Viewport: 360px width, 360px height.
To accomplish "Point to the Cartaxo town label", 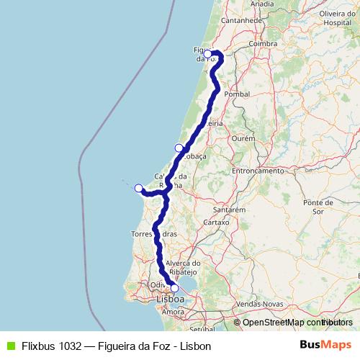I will (x=216, y=222).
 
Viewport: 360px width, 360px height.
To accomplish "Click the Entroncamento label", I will (x=258, y=171).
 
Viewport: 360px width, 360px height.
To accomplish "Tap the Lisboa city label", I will (x=170, y=298).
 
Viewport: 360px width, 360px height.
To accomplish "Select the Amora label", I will (x=173, y=312).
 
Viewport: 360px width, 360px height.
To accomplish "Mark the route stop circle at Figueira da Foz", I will (x=207, y=53).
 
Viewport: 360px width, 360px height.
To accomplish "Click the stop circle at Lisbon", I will (x=174, y=287).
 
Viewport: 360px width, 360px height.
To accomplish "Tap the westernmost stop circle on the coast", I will (x=139, y=188).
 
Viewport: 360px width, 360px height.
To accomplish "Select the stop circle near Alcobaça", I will (x=179, y=148).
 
